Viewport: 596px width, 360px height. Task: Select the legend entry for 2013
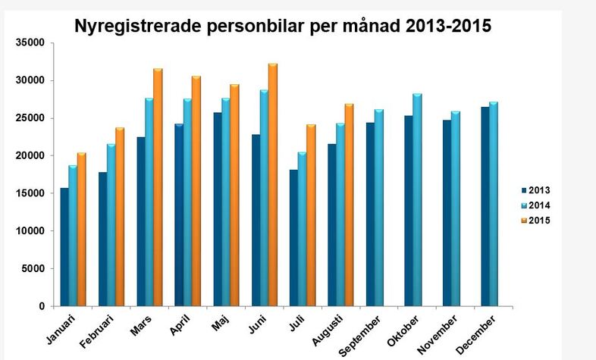coord(539,189)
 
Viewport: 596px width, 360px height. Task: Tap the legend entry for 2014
coord(539,205)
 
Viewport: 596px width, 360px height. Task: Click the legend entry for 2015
coord(539,221)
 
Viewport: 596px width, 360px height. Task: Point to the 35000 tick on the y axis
coord(30,43)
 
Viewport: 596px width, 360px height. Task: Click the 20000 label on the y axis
coord(30,156)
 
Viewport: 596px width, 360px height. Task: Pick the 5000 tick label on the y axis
coord(33,269)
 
